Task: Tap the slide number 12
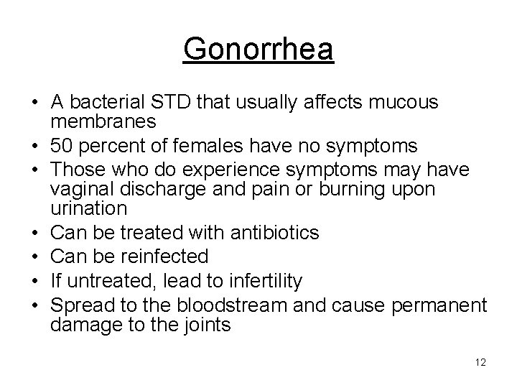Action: coord(480,362)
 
